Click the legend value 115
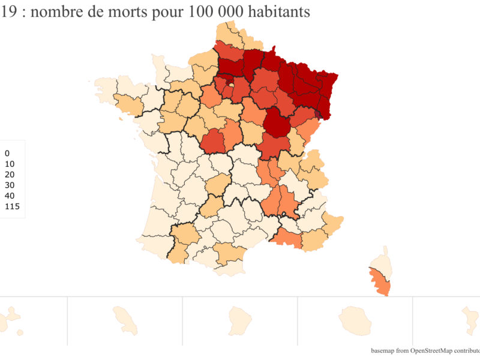pyautogui.click(x=12, y=206)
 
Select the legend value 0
pyautogui.click(x=7, y=153)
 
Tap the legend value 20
pyautogui.click(x=9, y=175)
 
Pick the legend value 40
pyautogui.click(x=9, y=196)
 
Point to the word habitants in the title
pyautogui.click(x=275, y=12)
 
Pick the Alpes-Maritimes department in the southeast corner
pyautogui.click(x=332, y=222)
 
